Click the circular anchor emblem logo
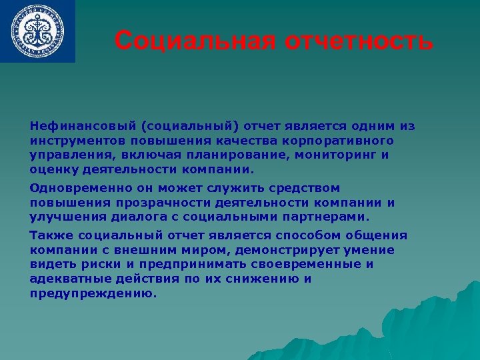[38, 31]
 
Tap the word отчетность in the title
[360, 41]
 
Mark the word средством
[297, 188]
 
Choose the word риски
[99, 265]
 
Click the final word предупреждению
[93, 293]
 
